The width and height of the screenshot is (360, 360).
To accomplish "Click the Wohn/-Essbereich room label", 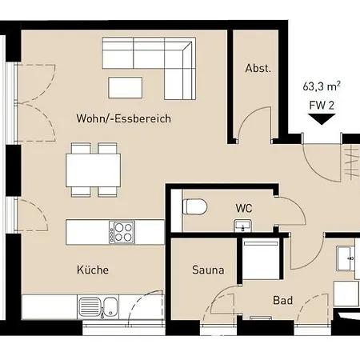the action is (123, 118).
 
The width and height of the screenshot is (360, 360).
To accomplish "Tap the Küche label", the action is (93, 270).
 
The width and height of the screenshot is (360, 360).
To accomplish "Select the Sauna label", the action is (208, 270).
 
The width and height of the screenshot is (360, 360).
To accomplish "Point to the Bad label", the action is (282, 300).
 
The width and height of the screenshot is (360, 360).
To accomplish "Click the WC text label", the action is (244, 208).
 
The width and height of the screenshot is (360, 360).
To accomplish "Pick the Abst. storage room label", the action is (258, 68).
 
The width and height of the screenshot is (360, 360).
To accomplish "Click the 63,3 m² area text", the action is (322, 86).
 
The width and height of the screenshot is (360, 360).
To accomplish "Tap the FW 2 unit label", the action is (322, 106).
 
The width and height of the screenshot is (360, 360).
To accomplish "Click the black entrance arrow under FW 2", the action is (322, 119).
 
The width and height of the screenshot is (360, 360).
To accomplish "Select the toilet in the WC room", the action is (195, 206).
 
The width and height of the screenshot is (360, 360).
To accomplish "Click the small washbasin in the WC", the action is (242, 226).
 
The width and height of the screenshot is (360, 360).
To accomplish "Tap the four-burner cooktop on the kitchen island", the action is (122, 232).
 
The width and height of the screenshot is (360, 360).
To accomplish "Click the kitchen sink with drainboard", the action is (99, 306).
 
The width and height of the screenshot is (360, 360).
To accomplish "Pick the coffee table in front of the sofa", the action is (126, 87).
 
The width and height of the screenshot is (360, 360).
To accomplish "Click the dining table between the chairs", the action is (93, 170).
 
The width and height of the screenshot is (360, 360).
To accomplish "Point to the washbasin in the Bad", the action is (346, 258).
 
